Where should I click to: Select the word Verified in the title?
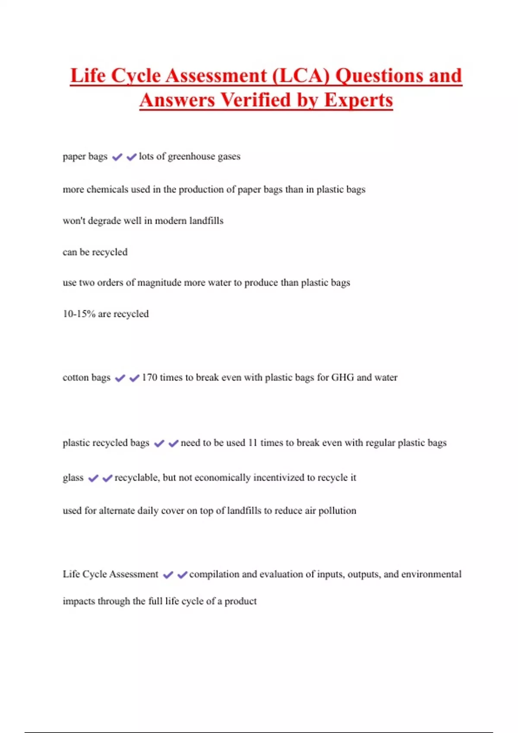point(256,100)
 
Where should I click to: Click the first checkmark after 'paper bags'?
point(117,157)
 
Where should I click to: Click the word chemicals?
point(107,190)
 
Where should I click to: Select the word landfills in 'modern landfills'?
point(206,221)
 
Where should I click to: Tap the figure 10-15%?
point(79,314)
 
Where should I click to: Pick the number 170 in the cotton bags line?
point(149,378)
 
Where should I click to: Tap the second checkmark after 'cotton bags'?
point(134,378)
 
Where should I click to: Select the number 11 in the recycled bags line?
point(253,443)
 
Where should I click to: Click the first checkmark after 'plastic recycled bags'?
point(159,443)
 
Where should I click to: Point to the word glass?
point(73,478)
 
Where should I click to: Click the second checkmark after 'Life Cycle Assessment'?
point(182,575)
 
